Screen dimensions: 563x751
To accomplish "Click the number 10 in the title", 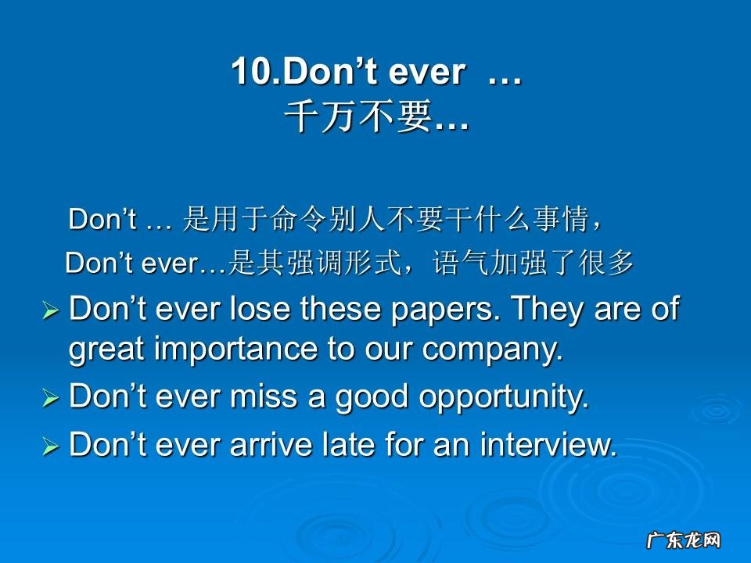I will pyautogui.click(x=249, y=74).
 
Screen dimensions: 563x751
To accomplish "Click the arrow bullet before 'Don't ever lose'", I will pyautogui.click(x=51, y=312).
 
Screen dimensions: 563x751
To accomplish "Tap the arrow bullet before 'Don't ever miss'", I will pyautogui.click(x=51, y=399).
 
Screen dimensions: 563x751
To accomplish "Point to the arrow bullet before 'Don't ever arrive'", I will pyautogui.click(x=51, y=446).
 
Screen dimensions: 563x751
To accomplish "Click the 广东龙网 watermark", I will pyautogui.click(x=682, y=540).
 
